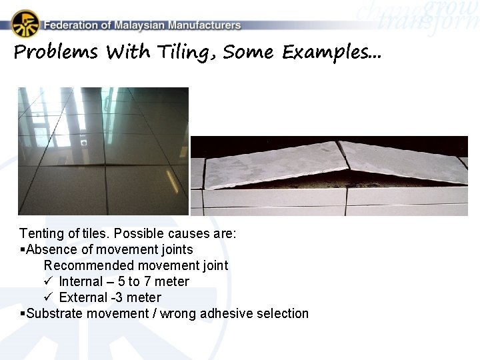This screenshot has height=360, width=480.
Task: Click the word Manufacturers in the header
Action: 205,25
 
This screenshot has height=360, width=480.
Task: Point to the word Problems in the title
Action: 55,52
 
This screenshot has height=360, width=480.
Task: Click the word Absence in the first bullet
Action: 49,250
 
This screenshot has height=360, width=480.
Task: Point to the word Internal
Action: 81,281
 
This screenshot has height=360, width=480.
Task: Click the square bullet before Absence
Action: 23,250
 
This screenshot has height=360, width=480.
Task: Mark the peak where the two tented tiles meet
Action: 339,143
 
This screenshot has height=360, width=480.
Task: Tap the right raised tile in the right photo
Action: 400,160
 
